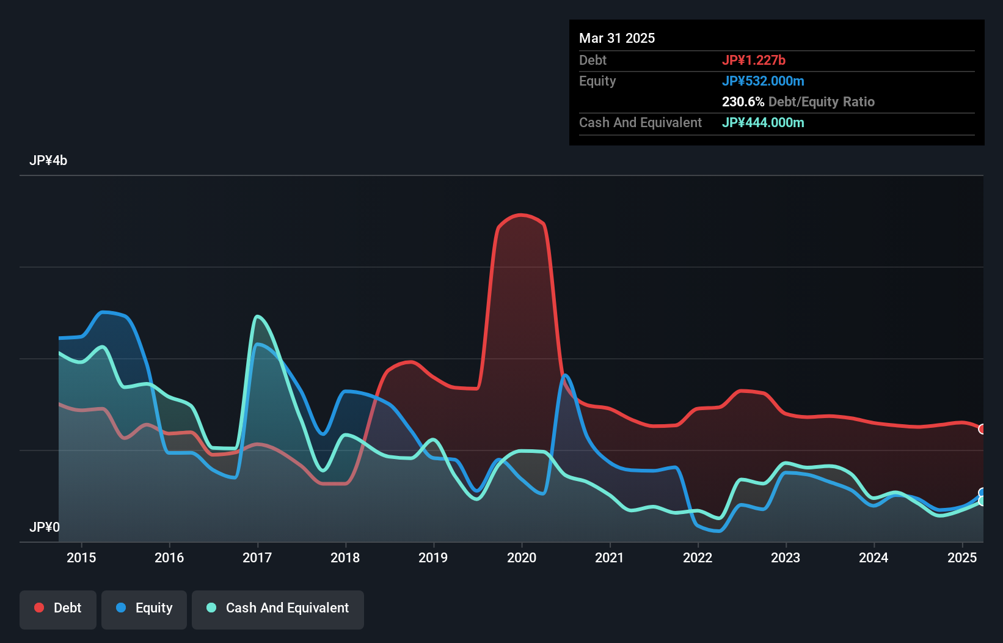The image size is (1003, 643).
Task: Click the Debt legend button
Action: point(58,608)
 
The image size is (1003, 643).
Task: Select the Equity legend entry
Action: point(144,608)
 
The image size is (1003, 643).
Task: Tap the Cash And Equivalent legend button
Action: point(278,608)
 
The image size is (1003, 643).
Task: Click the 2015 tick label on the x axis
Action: point(81,557)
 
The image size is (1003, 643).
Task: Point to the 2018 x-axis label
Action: point(345,557)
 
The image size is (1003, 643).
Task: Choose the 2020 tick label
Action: point(522,557)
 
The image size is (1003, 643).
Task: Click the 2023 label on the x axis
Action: point(786,557)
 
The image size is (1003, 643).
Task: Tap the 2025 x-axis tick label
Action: point(961,557)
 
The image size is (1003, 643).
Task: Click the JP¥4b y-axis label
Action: point(48,161)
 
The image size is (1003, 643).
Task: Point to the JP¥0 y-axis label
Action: point(45,527)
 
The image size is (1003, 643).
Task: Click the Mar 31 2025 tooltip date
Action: point(617,38)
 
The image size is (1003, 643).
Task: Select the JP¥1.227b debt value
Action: point(753,60)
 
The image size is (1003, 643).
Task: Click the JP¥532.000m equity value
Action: point(763,81)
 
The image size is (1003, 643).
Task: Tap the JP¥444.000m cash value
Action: point(763,122)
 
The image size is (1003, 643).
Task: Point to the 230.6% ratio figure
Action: point(743,101)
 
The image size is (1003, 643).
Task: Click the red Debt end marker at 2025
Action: point(982,429)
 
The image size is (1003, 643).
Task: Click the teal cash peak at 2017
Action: point(258,316)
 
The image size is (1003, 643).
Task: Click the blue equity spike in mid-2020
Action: point(565,375)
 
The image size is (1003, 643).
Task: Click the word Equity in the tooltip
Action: point(597,81)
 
